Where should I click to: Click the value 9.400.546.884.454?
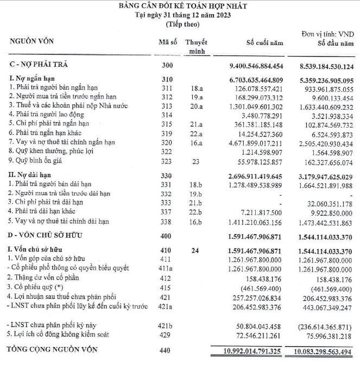(257, 66)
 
